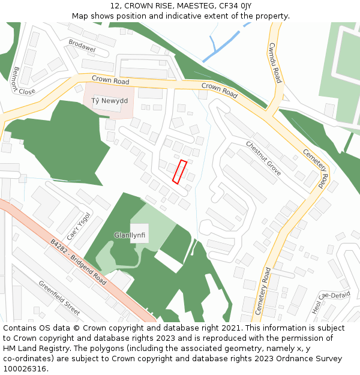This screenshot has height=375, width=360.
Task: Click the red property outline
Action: (179, 172)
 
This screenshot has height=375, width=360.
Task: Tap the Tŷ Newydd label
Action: (110, 101)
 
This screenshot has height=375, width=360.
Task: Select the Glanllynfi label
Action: (130, 235)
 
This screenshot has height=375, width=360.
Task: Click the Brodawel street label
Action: (82, 45)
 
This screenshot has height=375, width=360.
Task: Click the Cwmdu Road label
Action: (275, 62)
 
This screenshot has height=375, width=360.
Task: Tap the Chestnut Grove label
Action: (263, 158)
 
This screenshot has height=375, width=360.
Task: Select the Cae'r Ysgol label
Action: (79, 226)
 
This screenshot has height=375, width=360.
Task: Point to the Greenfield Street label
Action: (59, 298)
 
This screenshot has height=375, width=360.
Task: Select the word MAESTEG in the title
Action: (196, 5)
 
